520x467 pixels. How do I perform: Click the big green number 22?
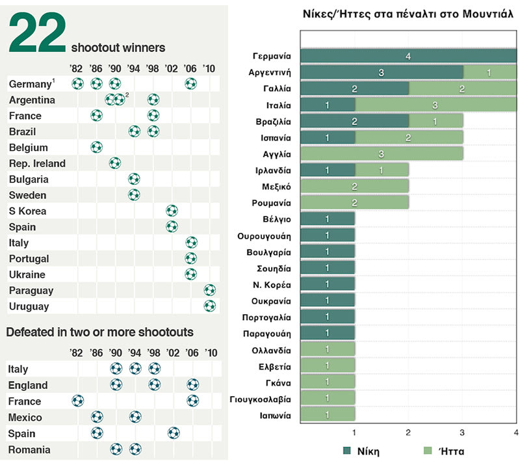(38, 33)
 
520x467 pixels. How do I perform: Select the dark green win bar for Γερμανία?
(408, 57)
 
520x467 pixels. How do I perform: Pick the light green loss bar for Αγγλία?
(382, 154)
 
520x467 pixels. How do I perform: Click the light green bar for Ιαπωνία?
(328, 415)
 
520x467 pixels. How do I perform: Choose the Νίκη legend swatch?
(348, 450)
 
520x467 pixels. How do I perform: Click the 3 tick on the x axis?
(462, 433)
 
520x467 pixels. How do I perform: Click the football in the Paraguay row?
(209, 290)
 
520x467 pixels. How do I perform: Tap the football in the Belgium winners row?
(96, 147)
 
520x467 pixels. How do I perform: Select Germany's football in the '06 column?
(190, 83)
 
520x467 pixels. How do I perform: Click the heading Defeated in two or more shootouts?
(99, 332)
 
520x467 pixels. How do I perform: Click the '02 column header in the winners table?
(171, 68)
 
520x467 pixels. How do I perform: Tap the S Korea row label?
(27, 211)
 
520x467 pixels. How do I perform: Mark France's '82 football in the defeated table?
(77, 401)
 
